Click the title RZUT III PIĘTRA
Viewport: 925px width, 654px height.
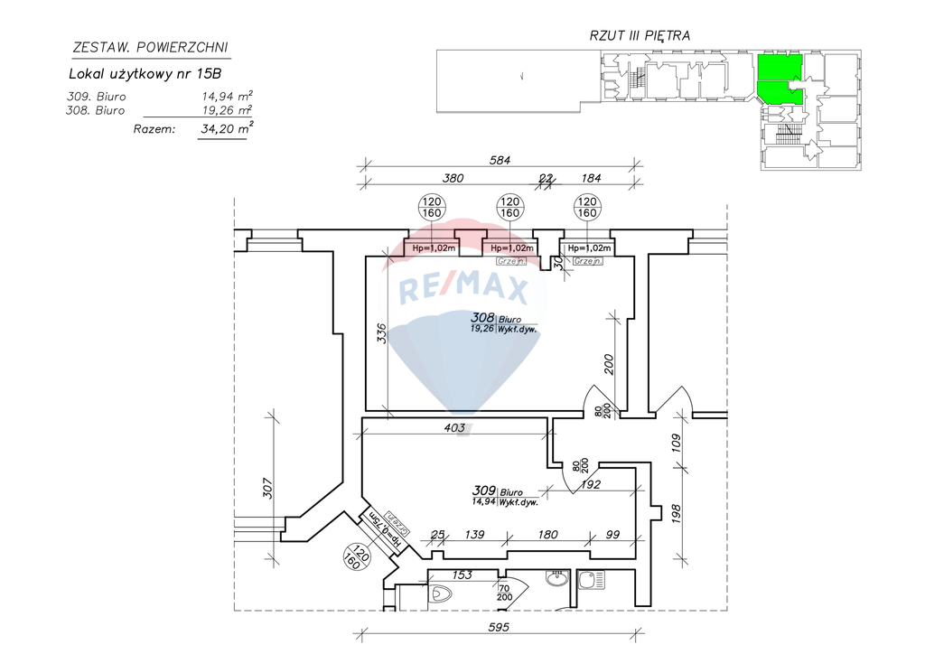click(x=640, y=36)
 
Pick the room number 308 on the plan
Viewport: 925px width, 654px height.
click(x=482, y=318)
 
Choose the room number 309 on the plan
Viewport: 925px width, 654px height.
click(x=485, y=490)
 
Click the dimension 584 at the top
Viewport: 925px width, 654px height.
click(x=500, y=161)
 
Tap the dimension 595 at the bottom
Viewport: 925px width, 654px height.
click(x=500, y=627)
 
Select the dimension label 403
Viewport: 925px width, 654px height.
click(x=454, y=428)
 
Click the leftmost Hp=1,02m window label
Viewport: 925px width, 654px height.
click(x=433, y=248)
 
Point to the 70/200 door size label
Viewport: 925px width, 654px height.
click(x=505, y=592)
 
